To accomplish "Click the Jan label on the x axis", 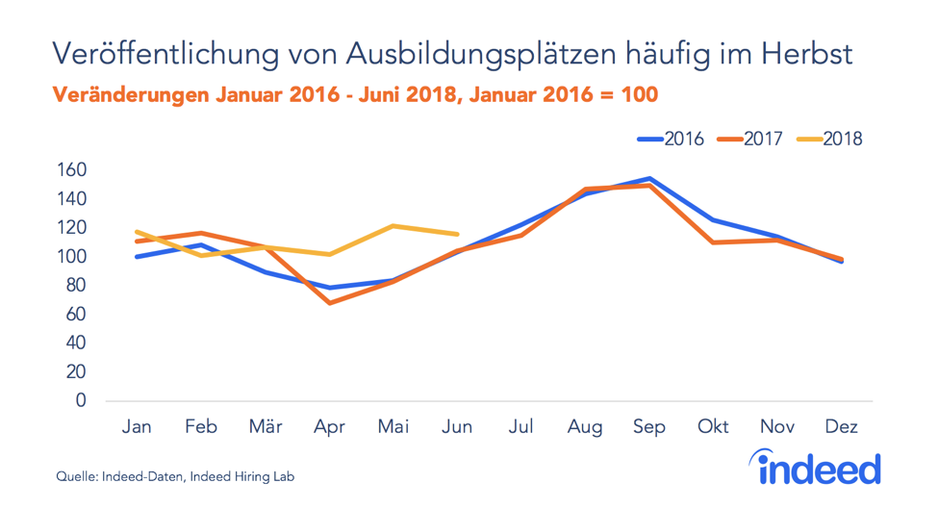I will (138, 426).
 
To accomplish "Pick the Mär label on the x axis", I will (266, 426).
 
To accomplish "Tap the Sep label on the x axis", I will (649, 426).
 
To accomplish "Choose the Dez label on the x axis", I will (842, 426).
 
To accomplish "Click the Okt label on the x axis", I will (714, 426).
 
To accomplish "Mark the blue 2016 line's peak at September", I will (650, 178).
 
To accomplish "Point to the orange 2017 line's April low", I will (330, 303).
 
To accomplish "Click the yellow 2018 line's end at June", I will (458, 234).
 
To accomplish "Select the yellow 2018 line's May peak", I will (393, 226).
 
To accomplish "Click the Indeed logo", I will (818, 468).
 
